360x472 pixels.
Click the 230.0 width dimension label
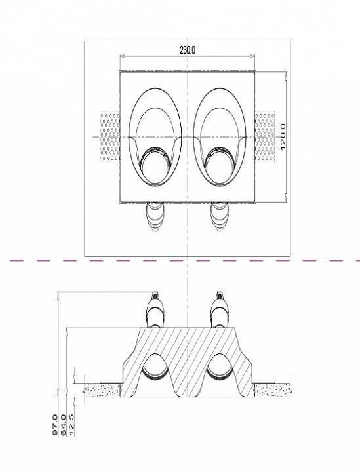click(x=188, y=50)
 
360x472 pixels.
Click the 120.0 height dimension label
click(x=283, y=136)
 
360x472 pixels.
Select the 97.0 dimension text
click(x=55, y=425)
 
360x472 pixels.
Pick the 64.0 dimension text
click(x=63, y=425)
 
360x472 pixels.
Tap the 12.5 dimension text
click(x=71, y=425)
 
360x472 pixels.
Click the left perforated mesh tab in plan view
click(x=110, y=137)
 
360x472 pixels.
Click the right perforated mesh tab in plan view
click(x=265, y=137)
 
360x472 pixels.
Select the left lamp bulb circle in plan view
click(x=155, y=170)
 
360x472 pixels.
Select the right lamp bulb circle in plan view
click(x=220, y=170)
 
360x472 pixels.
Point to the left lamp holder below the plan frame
click(x=155, y=217)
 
